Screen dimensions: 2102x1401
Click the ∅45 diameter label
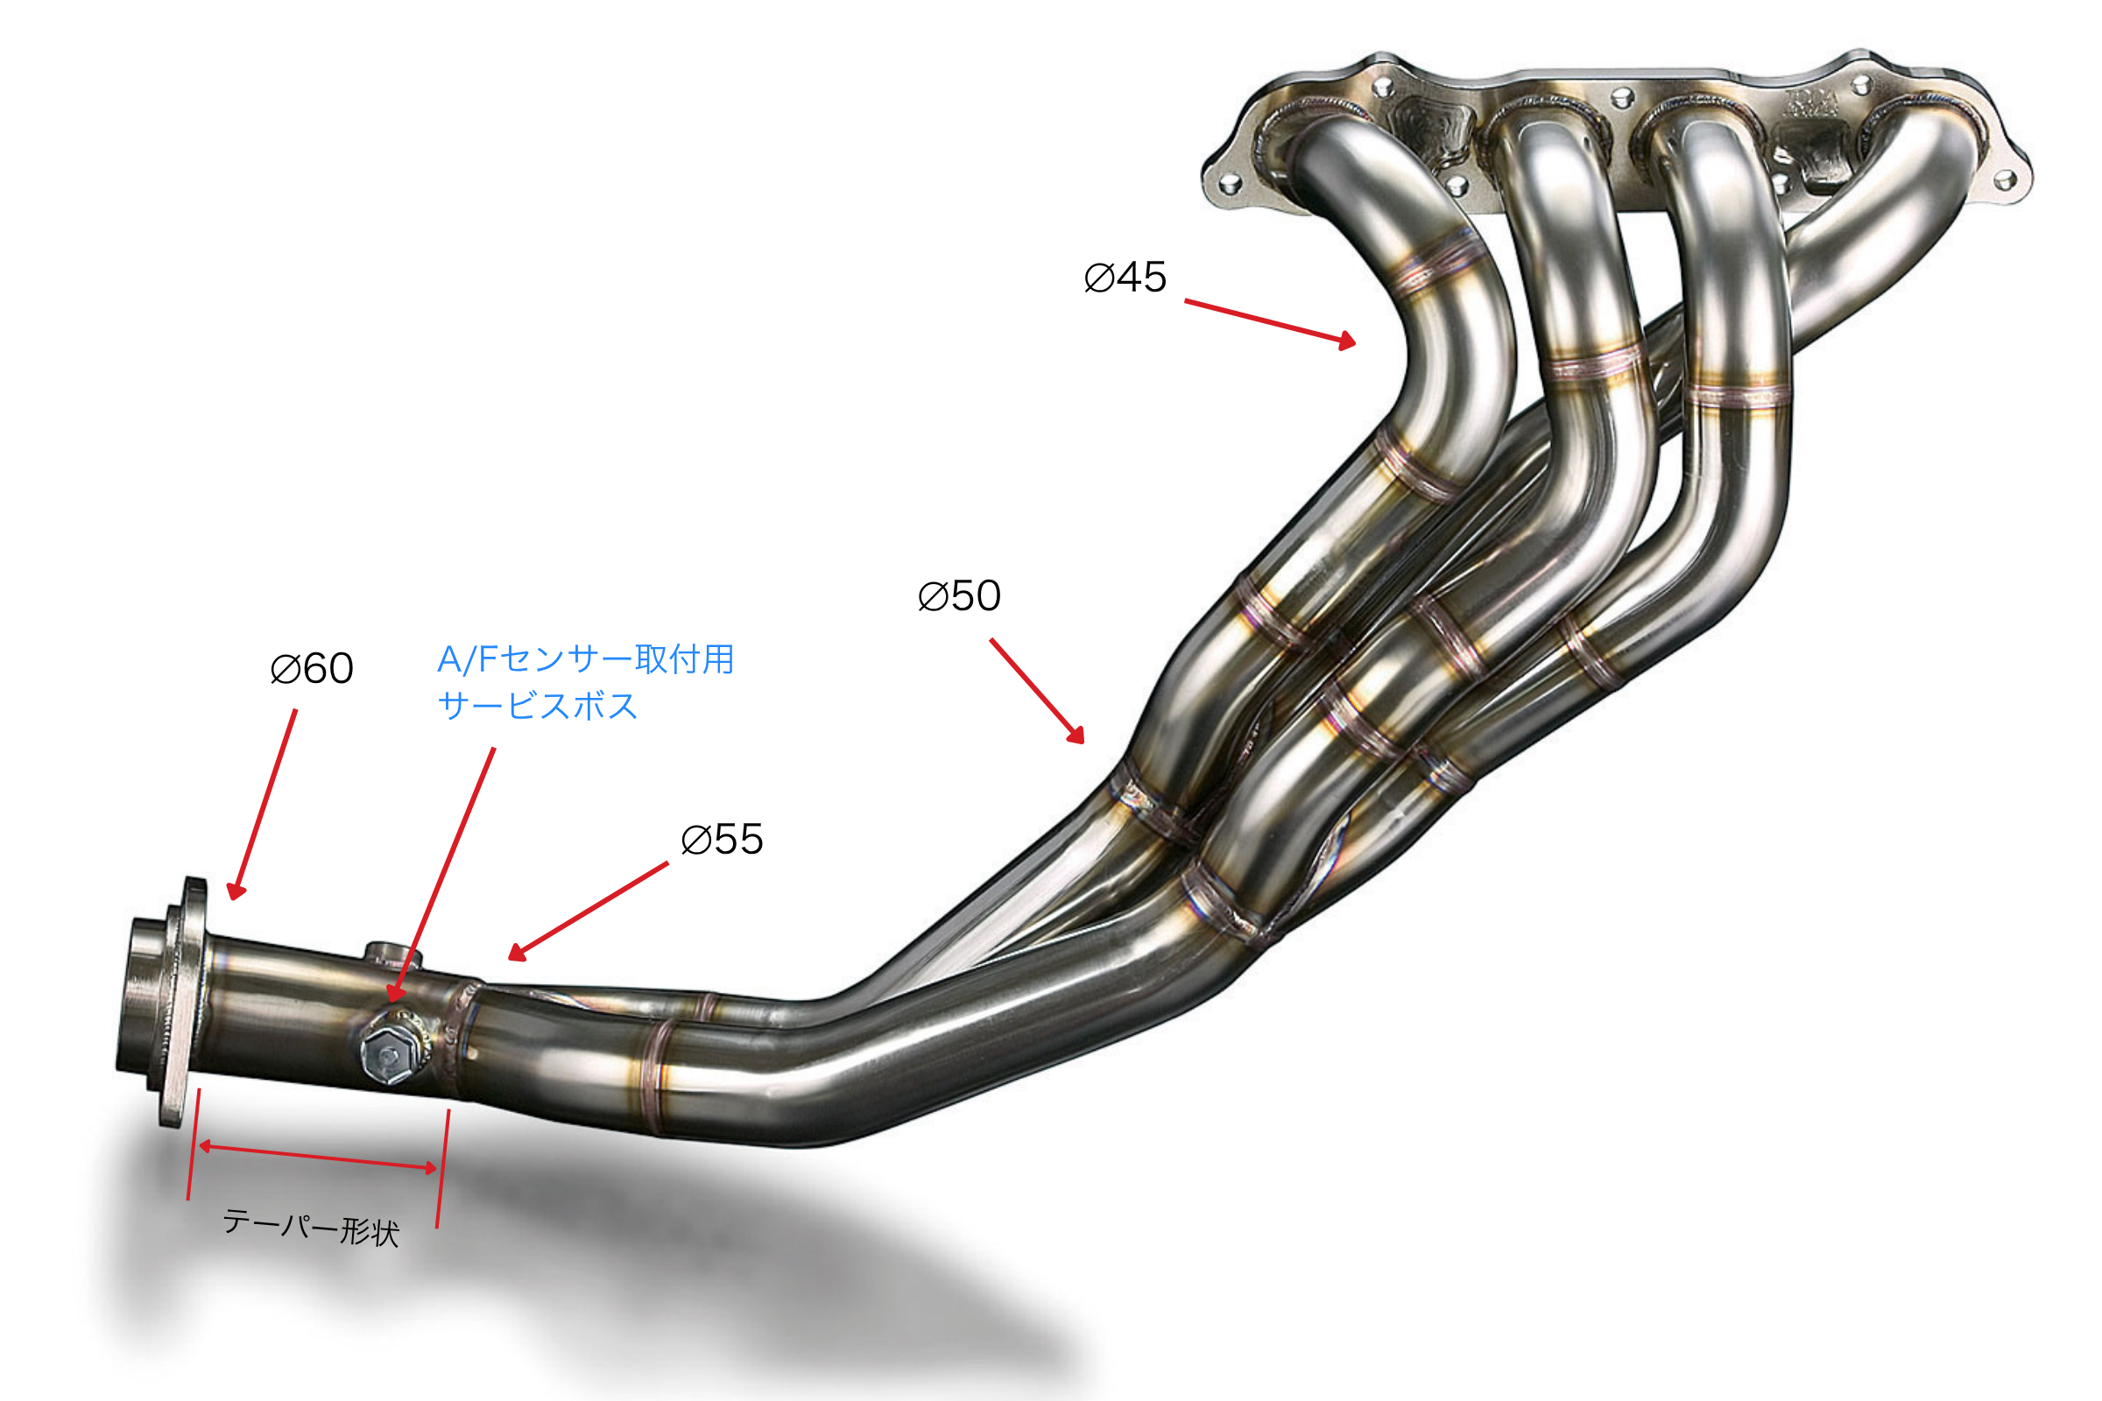[1125, 277]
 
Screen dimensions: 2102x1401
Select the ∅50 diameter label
[959, 596]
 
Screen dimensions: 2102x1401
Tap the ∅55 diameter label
[721, 840]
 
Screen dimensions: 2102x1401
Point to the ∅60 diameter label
[311, 668]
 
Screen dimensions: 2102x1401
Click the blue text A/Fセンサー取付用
[585, 659]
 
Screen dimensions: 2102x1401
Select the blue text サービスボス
[538, 706]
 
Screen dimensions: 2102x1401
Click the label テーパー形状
[311, 1227]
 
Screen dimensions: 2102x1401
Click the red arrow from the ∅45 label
[1270, 321]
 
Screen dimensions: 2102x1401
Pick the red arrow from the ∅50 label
[1037, 691]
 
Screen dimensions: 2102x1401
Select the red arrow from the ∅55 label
[588, 912]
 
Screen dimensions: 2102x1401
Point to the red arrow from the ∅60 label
[262, 804]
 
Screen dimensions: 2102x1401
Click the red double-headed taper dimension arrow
[318, 1157]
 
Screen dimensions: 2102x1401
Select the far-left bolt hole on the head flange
[1230, 185]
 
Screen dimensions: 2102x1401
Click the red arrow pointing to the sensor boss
[442, 875]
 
